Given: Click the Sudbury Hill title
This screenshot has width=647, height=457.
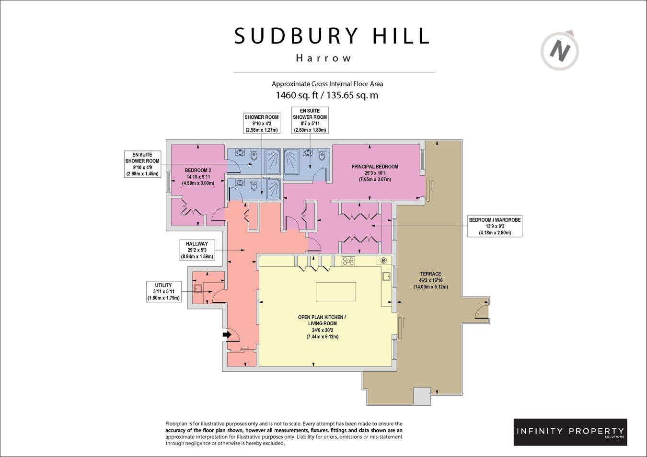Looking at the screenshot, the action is coord(331,36).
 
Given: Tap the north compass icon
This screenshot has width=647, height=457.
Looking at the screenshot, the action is coord(560,49).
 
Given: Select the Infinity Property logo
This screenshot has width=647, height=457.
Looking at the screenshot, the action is coord(570,432).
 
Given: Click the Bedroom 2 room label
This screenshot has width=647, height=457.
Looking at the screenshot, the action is coord(198,176).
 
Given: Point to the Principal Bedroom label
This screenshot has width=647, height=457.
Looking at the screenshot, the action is coord(374,173).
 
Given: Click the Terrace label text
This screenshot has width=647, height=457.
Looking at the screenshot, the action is coord(430,280).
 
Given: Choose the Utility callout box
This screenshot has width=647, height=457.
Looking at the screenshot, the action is coord(163,292).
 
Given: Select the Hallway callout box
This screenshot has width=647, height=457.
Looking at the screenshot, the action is coord(197,250).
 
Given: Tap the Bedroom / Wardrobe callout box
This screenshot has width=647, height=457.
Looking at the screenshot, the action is coord(495,226).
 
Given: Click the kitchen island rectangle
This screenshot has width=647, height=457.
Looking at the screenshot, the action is coord(335,291).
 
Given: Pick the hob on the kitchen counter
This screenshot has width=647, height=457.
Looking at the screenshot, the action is coord(348,261).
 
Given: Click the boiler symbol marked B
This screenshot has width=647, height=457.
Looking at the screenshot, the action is coord(383,261).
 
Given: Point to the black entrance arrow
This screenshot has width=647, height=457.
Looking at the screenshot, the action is coord(226,336).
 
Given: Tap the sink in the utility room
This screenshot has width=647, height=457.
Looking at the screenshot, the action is coord(197,288).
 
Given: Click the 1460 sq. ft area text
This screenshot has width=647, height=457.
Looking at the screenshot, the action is coord(327,95).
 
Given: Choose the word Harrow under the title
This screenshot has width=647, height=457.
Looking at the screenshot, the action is coord(323,58).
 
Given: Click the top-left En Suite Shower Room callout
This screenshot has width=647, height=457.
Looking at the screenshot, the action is coord(142,164).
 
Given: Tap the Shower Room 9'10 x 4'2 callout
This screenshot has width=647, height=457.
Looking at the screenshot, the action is coord(261,124).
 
